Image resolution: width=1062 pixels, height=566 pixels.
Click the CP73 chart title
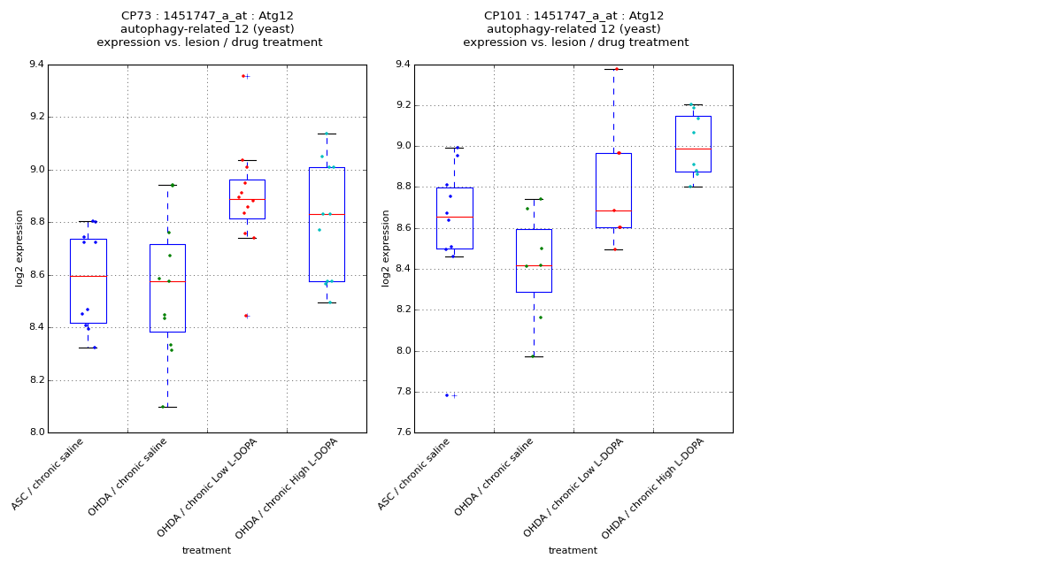point(209,29)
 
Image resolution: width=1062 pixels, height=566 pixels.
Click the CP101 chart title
point(575,29)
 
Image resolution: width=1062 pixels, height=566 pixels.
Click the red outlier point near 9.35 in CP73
point(242,76)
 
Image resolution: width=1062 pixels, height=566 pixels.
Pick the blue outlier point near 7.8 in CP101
point(447,395)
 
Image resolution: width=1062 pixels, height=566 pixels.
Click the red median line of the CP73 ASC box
point(88,276)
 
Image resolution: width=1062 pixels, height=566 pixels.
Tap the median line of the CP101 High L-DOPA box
point(693,149)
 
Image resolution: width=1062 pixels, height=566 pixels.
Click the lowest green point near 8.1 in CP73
point(163,407)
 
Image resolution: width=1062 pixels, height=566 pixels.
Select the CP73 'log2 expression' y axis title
point(19,248)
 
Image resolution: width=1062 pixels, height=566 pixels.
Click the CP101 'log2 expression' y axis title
point(386,248)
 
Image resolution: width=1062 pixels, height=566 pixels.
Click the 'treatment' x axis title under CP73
point(206,550)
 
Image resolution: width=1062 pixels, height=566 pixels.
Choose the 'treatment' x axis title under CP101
point(573,550)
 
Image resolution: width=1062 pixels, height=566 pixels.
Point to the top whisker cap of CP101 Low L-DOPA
point(613,69)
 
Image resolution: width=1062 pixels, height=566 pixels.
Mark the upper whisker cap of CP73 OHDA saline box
point(167,185)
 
